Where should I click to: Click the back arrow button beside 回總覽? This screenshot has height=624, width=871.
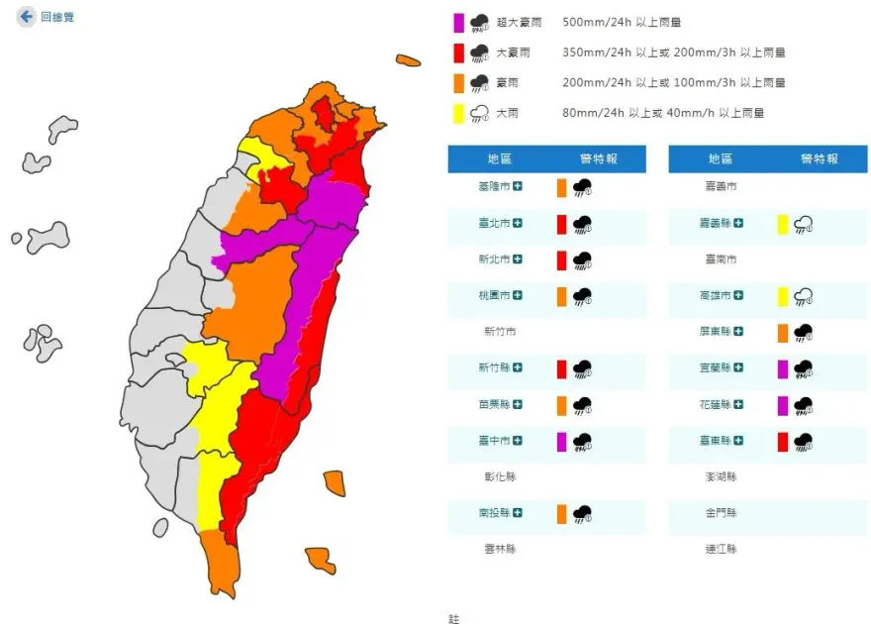[x=26, y=17]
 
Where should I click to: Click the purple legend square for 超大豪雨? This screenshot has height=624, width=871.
[x=458, y=22]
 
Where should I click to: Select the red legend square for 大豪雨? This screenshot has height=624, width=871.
[x=458, y=52]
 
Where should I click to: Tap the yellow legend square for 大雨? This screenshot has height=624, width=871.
[x=458, y=113]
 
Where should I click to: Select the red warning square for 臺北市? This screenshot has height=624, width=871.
[x=561, y=224]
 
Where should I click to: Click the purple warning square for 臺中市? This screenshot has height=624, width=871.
[x=561, y=442]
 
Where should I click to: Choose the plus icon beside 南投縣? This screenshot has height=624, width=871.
[x=518, y=513]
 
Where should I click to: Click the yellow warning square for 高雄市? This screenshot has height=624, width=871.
[x=783, y=296]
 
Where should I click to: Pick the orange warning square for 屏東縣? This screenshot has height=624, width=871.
[x=783, y=333]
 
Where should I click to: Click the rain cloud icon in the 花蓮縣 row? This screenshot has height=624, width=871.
[x=803, y=405]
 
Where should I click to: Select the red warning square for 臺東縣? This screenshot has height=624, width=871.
[x=783, y=442]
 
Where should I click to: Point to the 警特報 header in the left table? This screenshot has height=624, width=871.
[x=598, y=158]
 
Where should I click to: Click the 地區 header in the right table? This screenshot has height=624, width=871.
[x=720, y=158]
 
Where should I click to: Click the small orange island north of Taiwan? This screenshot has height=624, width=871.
[x=408, y=61]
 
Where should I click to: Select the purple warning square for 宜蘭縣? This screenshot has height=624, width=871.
[x=783, y=368]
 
